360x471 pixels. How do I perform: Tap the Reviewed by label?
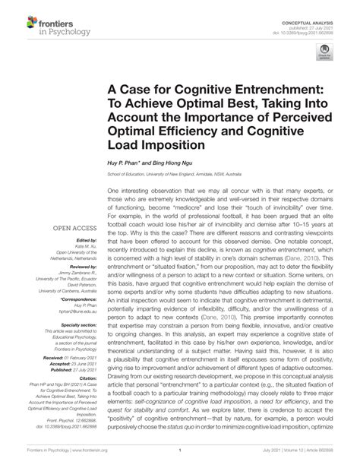[x=83, y=268]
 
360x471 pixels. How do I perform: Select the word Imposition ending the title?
[x=191, y=144]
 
